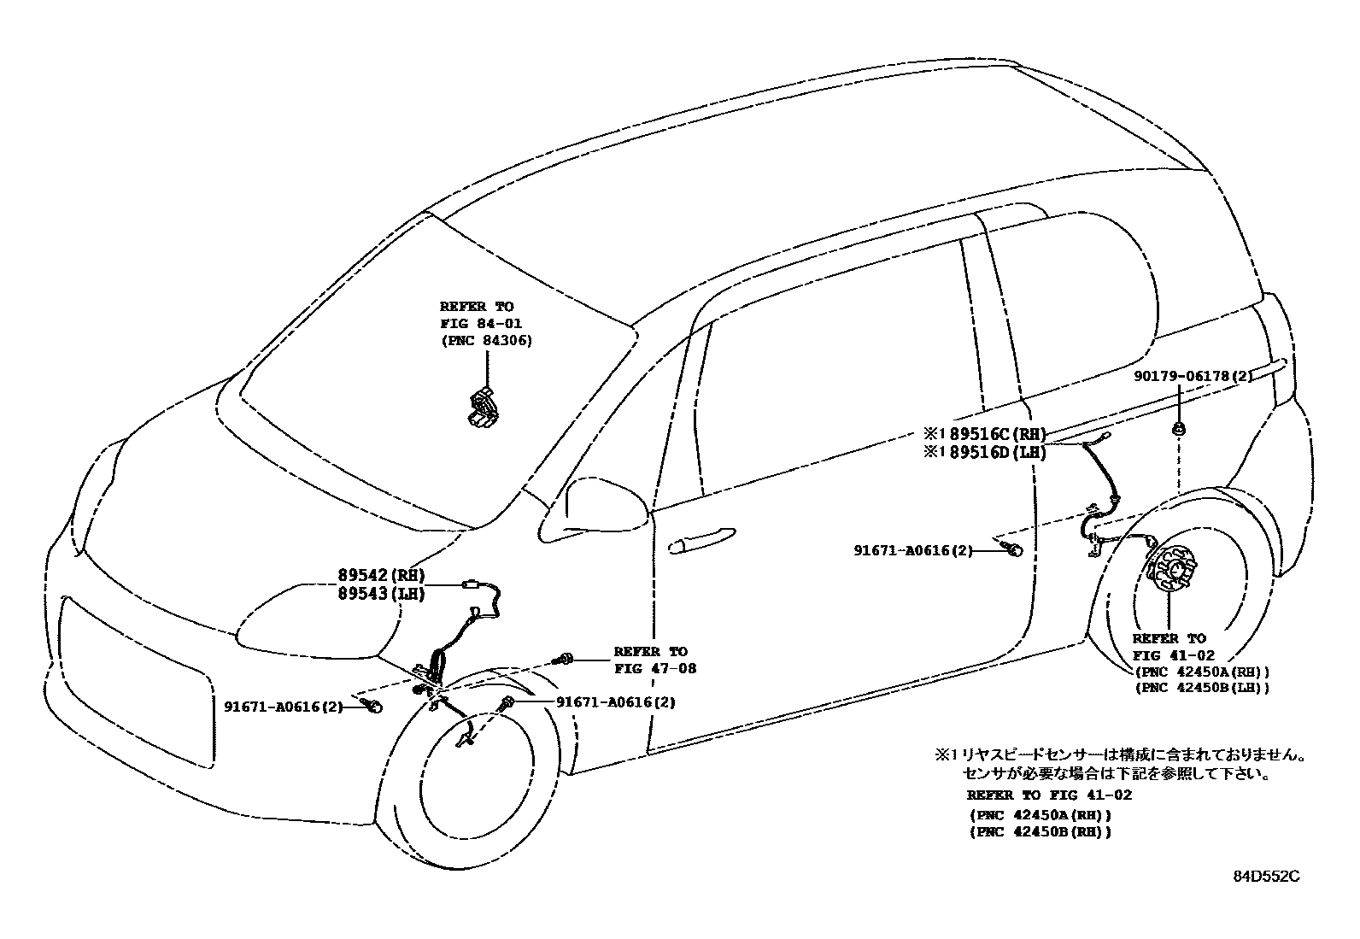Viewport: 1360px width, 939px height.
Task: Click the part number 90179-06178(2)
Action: [1193, 376]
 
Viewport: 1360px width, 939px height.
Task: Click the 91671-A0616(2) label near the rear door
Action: [912, 551]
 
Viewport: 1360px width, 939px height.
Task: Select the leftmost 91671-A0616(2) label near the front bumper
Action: [284, 707]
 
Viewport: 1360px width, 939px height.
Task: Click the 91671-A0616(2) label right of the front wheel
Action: [615, 702]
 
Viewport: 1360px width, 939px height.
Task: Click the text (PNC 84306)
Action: [486, 340]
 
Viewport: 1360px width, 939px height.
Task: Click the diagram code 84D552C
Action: [1266, 876]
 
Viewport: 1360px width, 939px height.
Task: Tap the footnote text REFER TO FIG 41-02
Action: [1049, 795]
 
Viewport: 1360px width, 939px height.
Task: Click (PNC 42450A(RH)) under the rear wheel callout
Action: [1200, 672]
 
